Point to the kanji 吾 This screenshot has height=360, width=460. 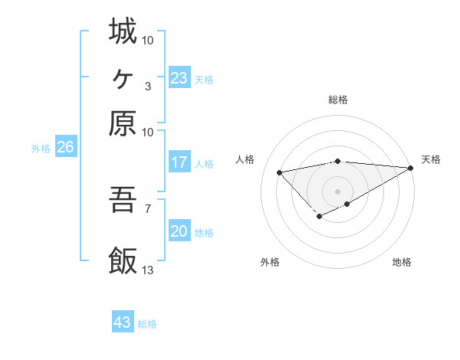pyautogui.click(x=123, y=201)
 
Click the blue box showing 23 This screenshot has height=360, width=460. pyautogui.click(x=179, y=78)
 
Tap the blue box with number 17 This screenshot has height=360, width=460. pyautogui.click(x=179, y=162)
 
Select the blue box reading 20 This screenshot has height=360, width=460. pyautogui.click(x=179, y=231)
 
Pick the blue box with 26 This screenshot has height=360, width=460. pyautogui.click(x=65, y=148)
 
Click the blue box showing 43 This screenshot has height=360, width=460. pyautogui.click(x=123, y=322)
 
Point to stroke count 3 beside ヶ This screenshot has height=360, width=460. pyautogui.click(x=147, y=85)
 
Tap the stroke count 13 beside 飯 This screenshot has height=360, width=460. pyautogui.click(x=148, y=270)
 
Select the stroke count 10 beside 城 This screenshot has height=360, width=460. pyautogui.click(x=148, y=38)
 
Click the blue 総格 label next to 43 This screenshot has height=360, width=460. pyautogui.click(x=147, y=324)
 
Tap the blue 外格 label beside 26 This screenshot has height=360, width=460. pyautogui.click(x=40, y=149)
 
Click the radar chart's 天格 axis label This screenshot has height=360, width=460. pyautogui.click(x=431, y=159)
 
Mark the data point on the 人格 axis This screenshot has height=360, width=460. pyautogui.click(x=279, y=172)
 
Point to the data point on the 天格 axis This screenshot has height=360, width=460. pyautogui.click(x=412, y=168)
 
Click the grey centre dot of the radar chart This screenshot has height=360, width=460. pyautogui.click(x=338, y=191)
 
